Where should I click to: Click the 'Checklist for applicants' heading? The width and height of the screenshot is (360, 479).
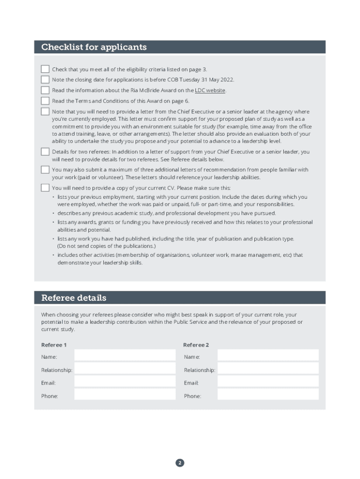coord(94,47)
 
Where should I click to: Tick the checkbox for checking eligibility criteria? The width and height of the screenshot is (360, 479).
coord(45,69)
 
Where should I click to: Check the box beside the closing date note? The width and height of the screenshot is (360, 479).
coord(45,80)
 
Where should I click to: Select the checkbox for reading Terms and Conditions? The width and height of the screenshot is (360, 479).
coord(45,101)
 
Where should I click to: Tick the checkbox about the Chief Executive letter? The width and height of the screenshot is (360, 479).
coord(45,111)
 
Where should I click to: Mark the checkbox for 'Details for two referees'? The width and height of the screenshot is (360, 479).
coord(45,152)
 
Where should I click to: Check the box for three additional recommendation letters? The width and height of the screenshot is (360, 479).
coord(45,169)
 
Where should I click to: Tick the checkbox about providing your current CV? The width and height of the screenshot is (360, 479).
coord(45,188)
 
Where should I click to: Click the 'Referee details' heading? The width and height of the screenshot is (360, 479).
coord(74,298)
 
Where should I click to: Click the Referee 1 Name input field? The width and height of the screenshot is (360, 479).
coord(125,356)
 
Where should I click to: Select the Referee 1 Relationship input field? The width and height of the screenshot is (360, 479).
coord(125,369)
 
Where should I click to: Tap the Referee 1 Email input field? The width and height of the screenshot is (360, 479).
coord(125,382)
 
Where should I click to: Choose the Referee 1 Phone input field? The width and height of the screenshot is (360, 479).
coord(125,395)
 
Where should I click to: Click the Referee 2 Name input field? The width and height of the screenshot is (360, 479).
coord(268,356)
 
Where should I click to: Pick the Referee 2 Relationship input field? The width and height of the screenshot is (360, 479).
coord(268,369)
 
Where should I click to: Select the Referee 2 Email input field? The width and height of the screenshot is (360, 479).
coord(268,382)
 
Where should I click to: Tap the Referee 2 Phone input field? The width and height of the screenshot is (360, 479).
coord(268,395)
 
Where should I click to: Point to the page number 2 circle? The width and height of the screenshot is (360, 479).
coord(180,463)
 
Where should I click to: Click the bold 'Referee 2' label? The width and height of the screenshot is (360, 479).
coord(196,345)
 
